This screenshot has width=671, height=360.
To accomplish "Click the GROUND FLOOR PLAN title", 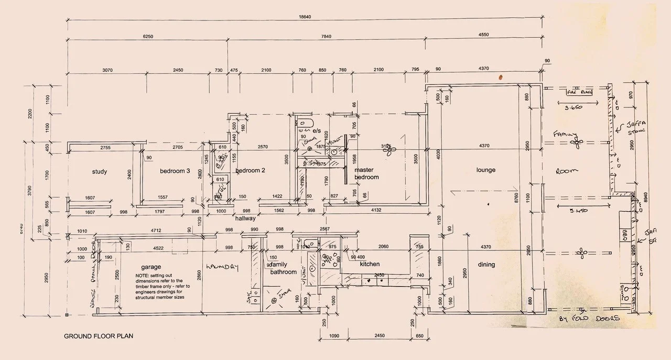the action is click(99, 336).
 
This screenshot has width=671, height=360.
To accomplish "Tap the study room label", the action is click(100, 171).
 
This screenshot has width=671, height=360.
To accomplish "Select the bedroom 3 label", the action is click(175, 171).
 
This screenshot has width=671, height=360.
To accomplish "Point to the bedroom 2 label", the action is click(251, 171).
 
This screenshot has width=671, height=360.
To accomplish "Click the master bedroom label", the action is click(366, 173).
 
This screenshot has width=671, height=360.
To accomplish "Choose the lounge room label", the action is click(486, 170).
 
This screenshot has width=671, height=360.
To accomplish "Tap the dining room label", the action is click(486, 265).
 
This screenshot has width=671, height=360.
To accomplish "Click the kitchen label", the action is click(370, 264).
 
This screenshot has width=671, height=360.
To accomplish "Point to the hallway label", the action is click(245, 218).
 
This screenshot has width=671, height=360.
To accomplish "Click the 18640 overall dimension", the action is click(305, 17).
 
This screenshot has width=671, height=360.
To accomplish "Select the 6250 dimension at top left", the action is click(148, 37).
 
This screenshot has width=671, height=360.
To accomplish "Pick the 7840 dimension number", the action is click(326, 37).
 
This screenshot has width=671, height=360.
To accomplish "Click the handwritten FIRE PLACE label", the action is click(579, 93).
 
